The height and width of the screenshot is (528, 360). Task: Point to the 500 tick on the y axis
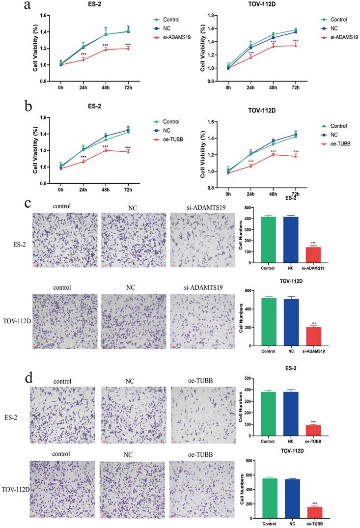[x=255, y=378]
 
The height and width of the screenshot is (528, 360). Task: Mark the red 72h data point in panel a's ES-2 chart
[x=128, y=48]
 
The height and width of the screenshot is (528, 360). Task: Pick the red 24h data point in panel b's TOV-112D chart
[x=250, y=166]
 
